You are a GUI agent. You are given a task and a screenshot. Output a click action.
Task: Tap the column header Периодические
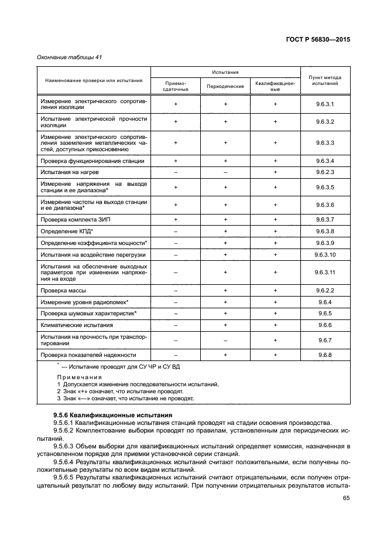pyautogui.click(x=225, y=86)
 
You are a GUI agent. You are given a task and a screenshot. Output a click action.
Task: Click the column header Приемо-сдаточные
pyautogui.click(x=176, y=86)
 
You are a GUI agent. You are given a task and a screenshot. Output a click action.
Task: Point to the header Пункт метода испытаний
pyautogui.click(x=324, y=80)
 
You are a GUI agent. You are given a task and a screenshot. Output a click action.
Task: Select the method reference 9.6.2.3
pyautogui.click(x=324, y=173)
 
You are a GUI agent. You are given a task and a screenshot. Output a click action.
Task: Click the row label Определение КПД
pyautogui.click(x=63, y=232)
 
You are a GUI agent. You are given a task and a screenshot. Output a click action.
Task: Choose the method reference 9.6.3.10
pyautogui.click(x=324, y=255)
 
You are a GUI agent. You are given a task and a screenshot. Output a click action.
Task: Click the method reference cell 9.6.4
pyautogui.click(x=324, y=302)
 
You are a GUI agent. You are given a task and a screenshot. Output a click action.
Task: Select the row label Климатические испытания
pyautogui.click(x=77, y=325)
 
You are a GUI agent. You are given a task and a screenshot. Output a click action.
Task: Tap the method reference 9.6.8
pyautogui.click(x=324, y=355)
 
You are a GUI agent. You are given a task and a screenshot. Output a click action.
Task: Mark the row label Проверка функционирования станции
pyautogui.click(x=92, y=161)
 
